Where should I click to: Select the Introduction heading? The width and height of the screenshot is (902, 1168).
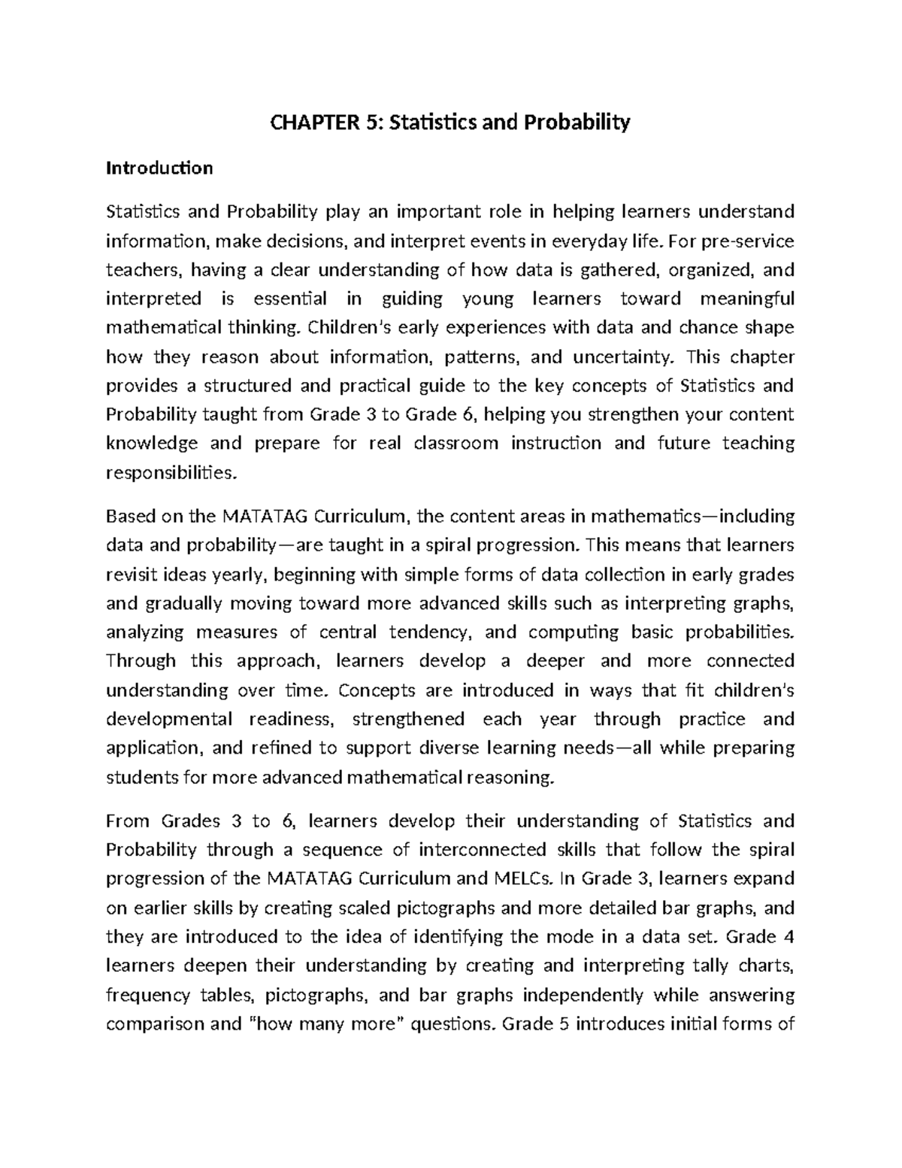[159, 168]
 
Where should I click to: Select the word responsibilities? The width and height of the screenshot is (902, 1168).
[170, 473]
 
